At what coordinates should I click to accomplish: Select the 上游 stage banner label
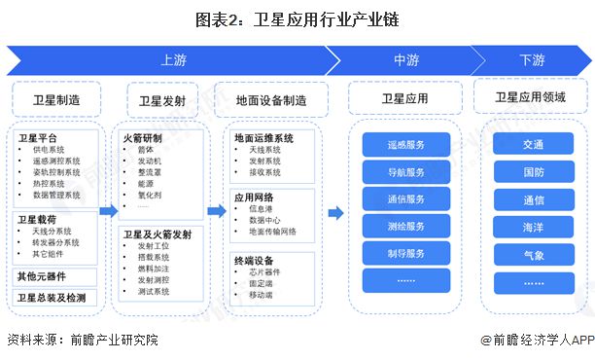173,60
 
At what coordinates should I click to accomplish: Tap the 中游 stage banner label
405,60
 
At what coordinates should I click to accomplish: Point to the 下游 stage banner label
532,60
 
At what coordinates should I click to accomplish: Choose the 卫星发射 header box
162,100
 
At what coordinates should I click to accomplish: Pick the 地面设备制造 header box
271,100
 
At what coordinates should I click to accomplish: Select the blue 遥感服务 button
406,145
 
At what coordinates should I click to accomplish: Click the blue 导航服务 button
406,172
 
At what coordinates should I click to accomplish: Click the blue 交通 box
533,144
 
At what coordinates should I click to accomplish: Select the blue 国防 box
533,172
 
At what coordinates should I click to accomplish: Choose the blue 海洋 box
533,227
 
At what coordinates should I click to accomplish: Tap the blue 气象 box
533,254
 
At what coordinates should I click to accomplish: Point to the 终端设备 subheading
253,261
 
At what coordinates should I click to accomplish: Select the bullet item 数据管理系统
57,195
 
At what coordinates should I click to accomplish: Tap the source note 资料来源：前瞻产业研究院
82,341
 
